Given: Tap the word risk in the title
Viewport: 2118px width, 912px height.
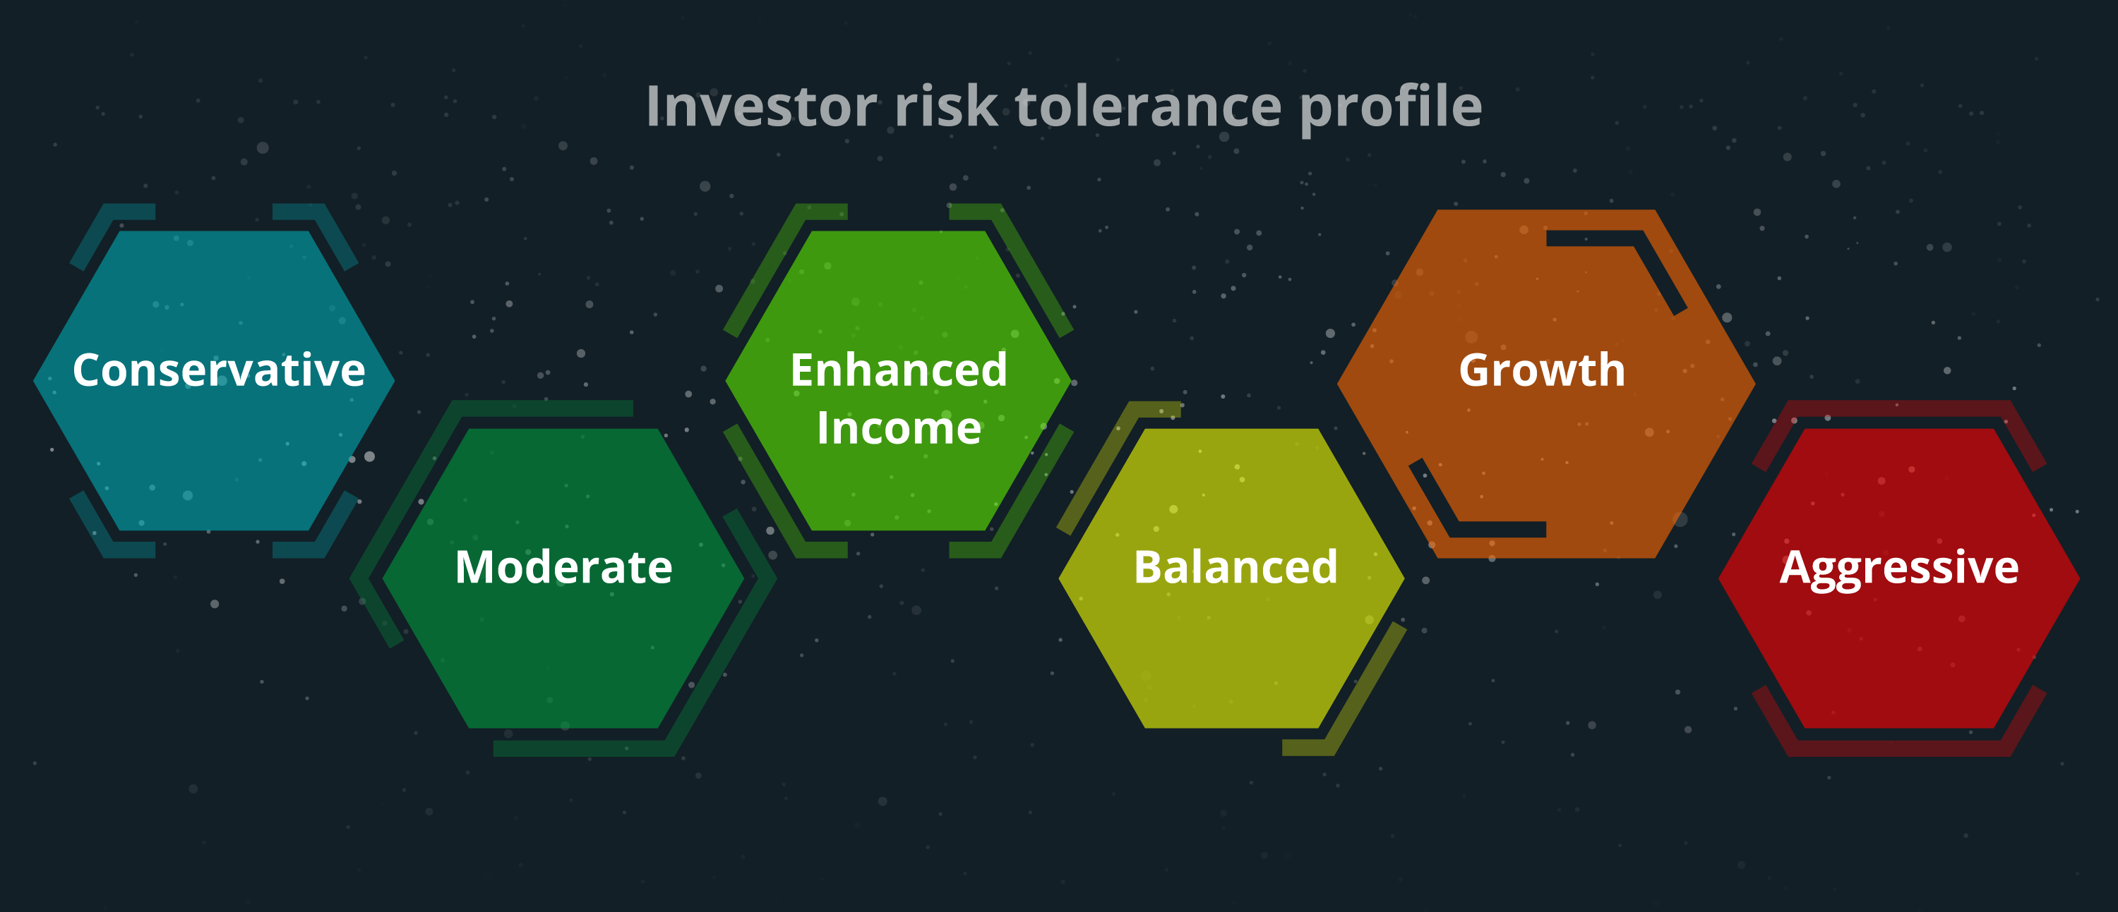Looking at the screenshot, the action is click(x=945, y=106).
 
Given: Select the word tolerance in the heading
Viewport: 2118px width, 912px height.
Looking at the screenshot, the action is click(x=1149, y=106).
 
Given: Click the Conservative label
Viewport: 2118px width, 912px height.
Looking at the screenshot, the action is click(x=219, y=370).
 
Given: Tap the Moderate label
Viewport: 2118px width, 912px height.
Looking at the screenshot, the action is click(x=563, y=567).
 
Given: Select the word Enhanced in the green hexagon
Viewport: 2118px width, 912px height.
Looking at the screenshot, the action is click(x=899, y=370).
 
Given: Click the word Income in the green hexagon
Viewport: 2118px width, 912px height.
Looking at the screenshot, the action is click(x=899, y=428).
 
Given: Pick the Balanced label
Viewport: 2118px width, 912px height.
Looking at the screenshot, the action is click(x=1235, y=567).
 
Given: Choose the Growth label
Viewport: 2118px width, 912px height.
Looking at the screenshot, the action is click(x=1542, y=370).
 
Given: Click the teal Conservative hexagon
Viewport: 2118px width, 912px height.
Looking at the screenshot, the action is click(x=214, y=460).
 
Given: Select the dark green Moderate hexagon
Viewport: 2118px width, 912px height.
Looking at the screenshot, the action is click(x=563, y=649).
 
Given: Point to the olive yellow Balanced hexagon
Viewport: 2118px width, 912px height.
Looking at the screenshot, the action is click(x=1232, y=649).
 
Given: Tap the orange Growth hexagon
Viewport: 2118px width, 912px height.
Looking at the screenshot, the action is click(x=1545, y=460).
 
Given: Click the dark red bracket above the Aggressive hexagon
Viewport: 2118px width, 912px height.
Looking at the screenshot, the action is click(x=1898, y=409).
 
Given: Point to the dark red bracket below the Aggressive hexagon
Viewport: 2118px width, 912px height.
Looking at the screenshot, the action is click(x=1898, y=748).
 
